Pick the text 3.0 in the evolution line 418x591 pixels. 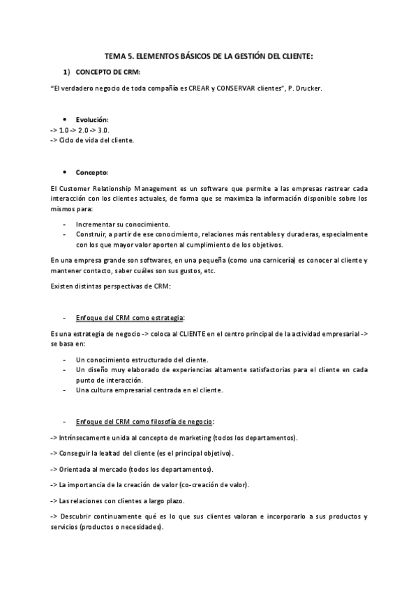103,130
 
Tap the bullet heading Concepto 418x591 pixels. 91,171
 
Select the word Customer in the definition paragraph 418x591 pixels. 77,189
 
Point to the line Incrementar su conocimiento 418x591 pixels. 123,224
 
